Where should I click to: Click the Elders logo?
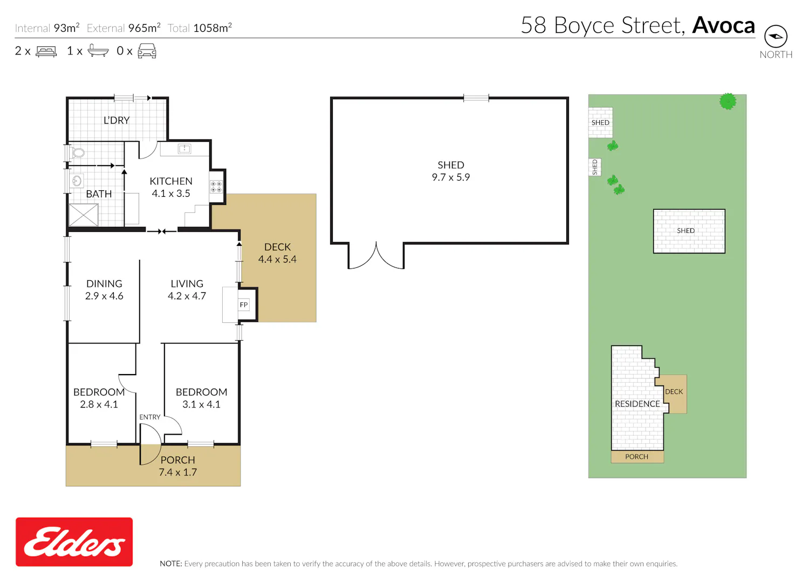(x=74, y=542)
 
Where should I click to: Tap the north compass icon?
(x=776, y=36)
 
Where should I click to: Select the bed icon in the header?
(x=46, y=51)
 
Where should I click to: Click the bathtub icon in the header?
(x=98, y=51)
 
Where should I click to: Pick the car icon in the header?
(x=147, y=51)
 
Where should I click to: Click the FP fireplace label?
(x=244, y=305)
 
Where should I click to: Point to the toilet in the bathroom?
(x=77, y=153)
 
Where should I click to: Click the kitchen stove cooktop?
(x=216, y=187)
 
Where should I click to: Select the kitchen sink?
(x=184, y=148)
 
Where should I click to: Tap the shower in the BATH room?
(x=84, y=215)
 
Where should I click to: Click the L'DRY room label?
(x=116, y=120)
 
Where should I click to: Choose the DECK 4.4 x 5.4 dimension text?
(x=277, y=259)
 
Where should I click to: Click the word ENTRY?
(x=150, y=417)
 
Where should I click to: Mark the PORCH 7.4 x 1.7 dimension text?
(x=177, y=472)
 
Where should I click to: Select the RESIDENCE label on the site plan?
(x=637, y=404)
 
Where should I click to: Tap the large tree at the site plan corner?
(x=728, y=101)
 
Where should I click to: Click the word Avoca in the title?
(x=723, y=25)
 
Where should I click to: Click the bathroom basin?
(x=77, y=181)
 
